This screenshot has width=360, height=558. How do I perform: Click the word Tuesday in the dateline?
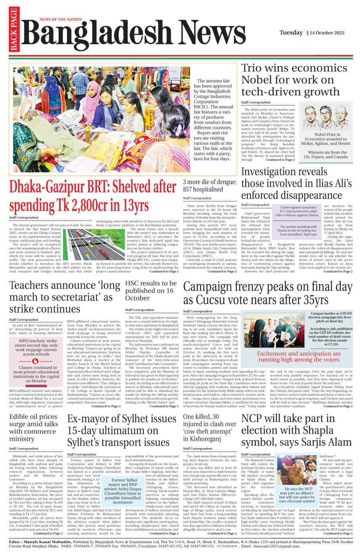[x=291, y=32]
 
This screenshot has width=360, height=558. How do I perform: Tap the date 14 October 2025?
[x=327, y=33]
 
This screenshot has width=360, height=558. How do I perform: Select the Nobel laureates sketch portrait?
[x=326, y=118]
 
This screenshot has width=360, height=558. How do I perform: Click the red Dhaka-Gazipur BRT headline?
[x=93, y=196]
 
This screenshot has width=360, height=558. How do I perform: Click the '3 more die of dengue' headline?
[x=209, y=186]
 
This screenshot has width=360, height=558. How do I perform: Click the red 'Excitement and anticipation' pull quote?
[x=299, y=357]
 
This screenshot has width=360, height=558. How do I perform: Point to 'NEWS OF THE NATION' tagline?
[x=61, y=19]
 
